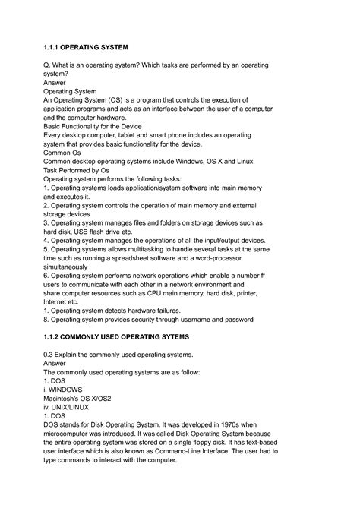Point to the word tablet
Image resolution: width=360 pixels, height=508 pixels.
coord(137,136)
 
